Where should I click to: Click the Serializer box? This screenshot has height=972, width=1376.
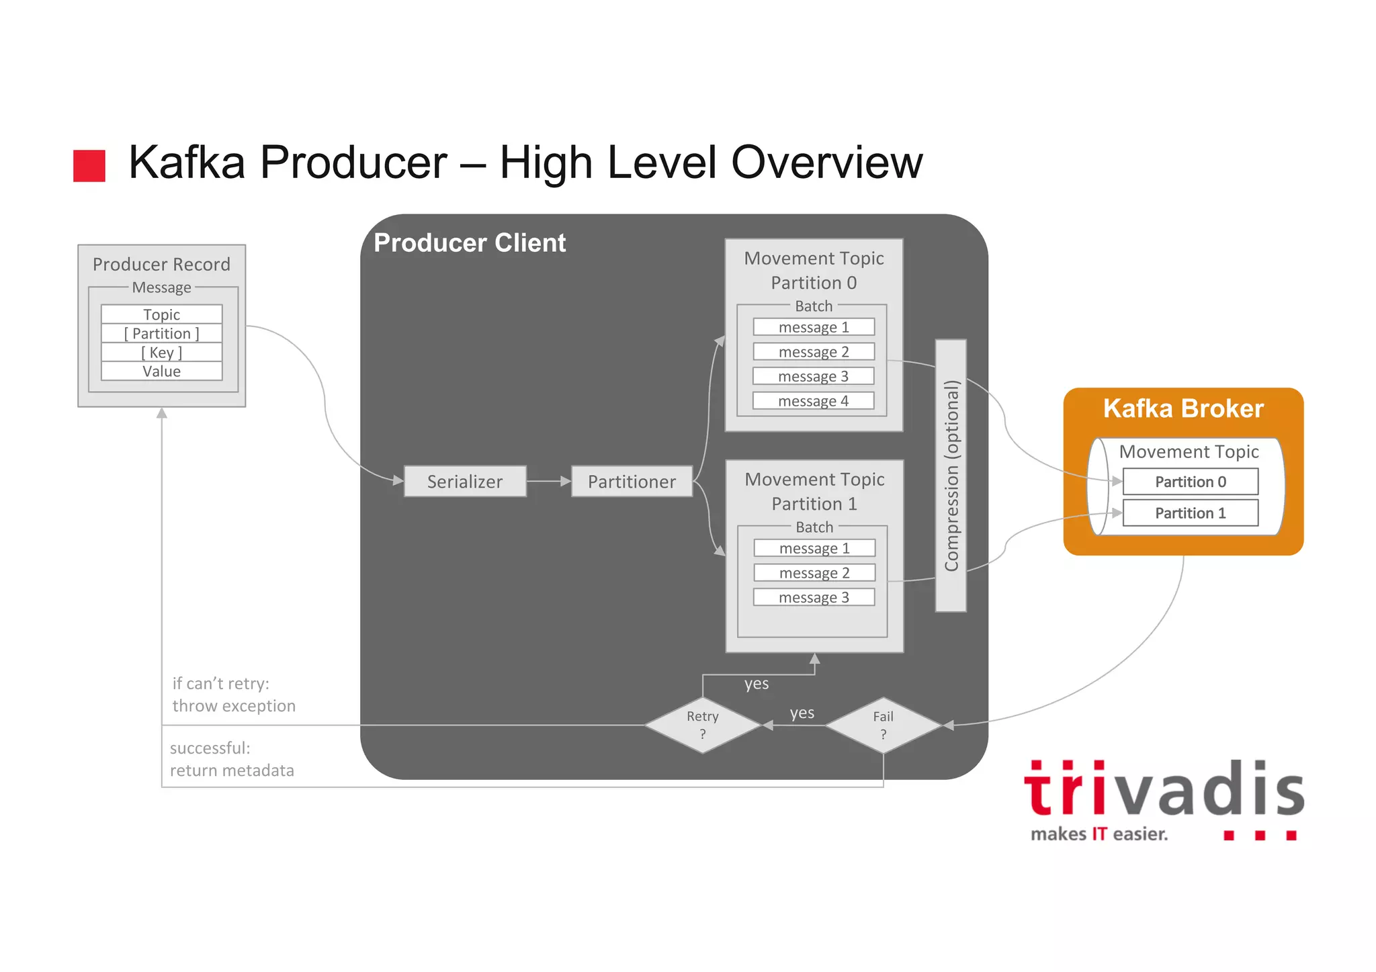pos(465,482)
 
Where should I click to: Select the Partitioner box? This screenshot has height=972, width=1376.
pos(632,482)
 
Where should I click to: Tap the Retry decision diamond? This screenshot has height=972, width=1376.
pos(703,725)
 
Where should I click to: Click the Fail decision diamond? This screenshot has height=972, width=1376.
pos(883,725)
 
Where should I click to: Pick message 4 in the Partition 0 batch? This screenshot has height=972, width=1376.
pos(814,401)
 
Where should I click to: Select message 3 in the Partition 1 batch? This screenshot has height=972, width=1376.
pos(814,597)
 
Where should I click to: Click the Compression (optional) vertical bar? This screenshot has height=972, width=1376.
pos(951,476)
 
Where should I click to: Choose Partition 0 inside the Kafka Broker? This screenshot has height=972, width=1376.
pos(1191,482)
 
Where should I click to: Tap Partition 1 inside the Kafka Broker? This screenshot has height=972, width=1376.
pos(1191,513)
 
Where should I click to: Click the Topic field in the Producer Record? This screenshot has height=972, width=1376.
pos(161,314)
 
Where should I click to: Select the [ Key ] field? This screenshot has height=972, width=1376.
pos(161,353)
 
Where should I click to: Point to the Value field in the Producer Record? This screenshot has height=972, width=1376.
pos(161,371)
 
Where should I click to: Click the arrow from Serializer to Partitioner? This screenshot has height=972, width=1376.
pos(548,481)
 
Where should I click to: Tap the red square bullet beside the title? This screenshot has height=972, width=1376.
pos(89,165)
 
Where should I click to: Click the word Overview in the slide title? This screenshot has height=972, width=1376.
pos(826,163)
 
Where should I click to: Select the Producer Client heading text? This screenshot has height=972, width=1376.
pos(470,242)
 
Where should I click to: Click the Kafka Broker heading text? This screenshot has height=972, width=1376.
pos(1183,408)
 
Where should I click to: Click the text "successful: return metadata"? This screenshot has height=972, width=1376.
pos(232,759)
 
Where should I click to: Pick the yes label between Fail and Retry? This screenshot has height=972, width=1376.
pos(802,713)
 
